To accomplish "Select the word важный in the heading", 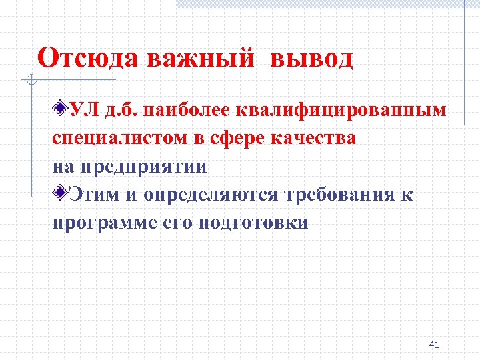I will (x=199, y=59).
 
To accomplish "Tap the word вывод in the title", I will (x=311, y=59).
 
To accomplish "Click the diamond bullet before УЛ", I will (x=61, y=108).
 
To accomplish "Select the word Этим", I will (x=96, y=195).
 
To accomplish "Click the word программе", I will (x=105, y=223).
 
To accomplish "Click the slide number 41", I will (x=434, y=345).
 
